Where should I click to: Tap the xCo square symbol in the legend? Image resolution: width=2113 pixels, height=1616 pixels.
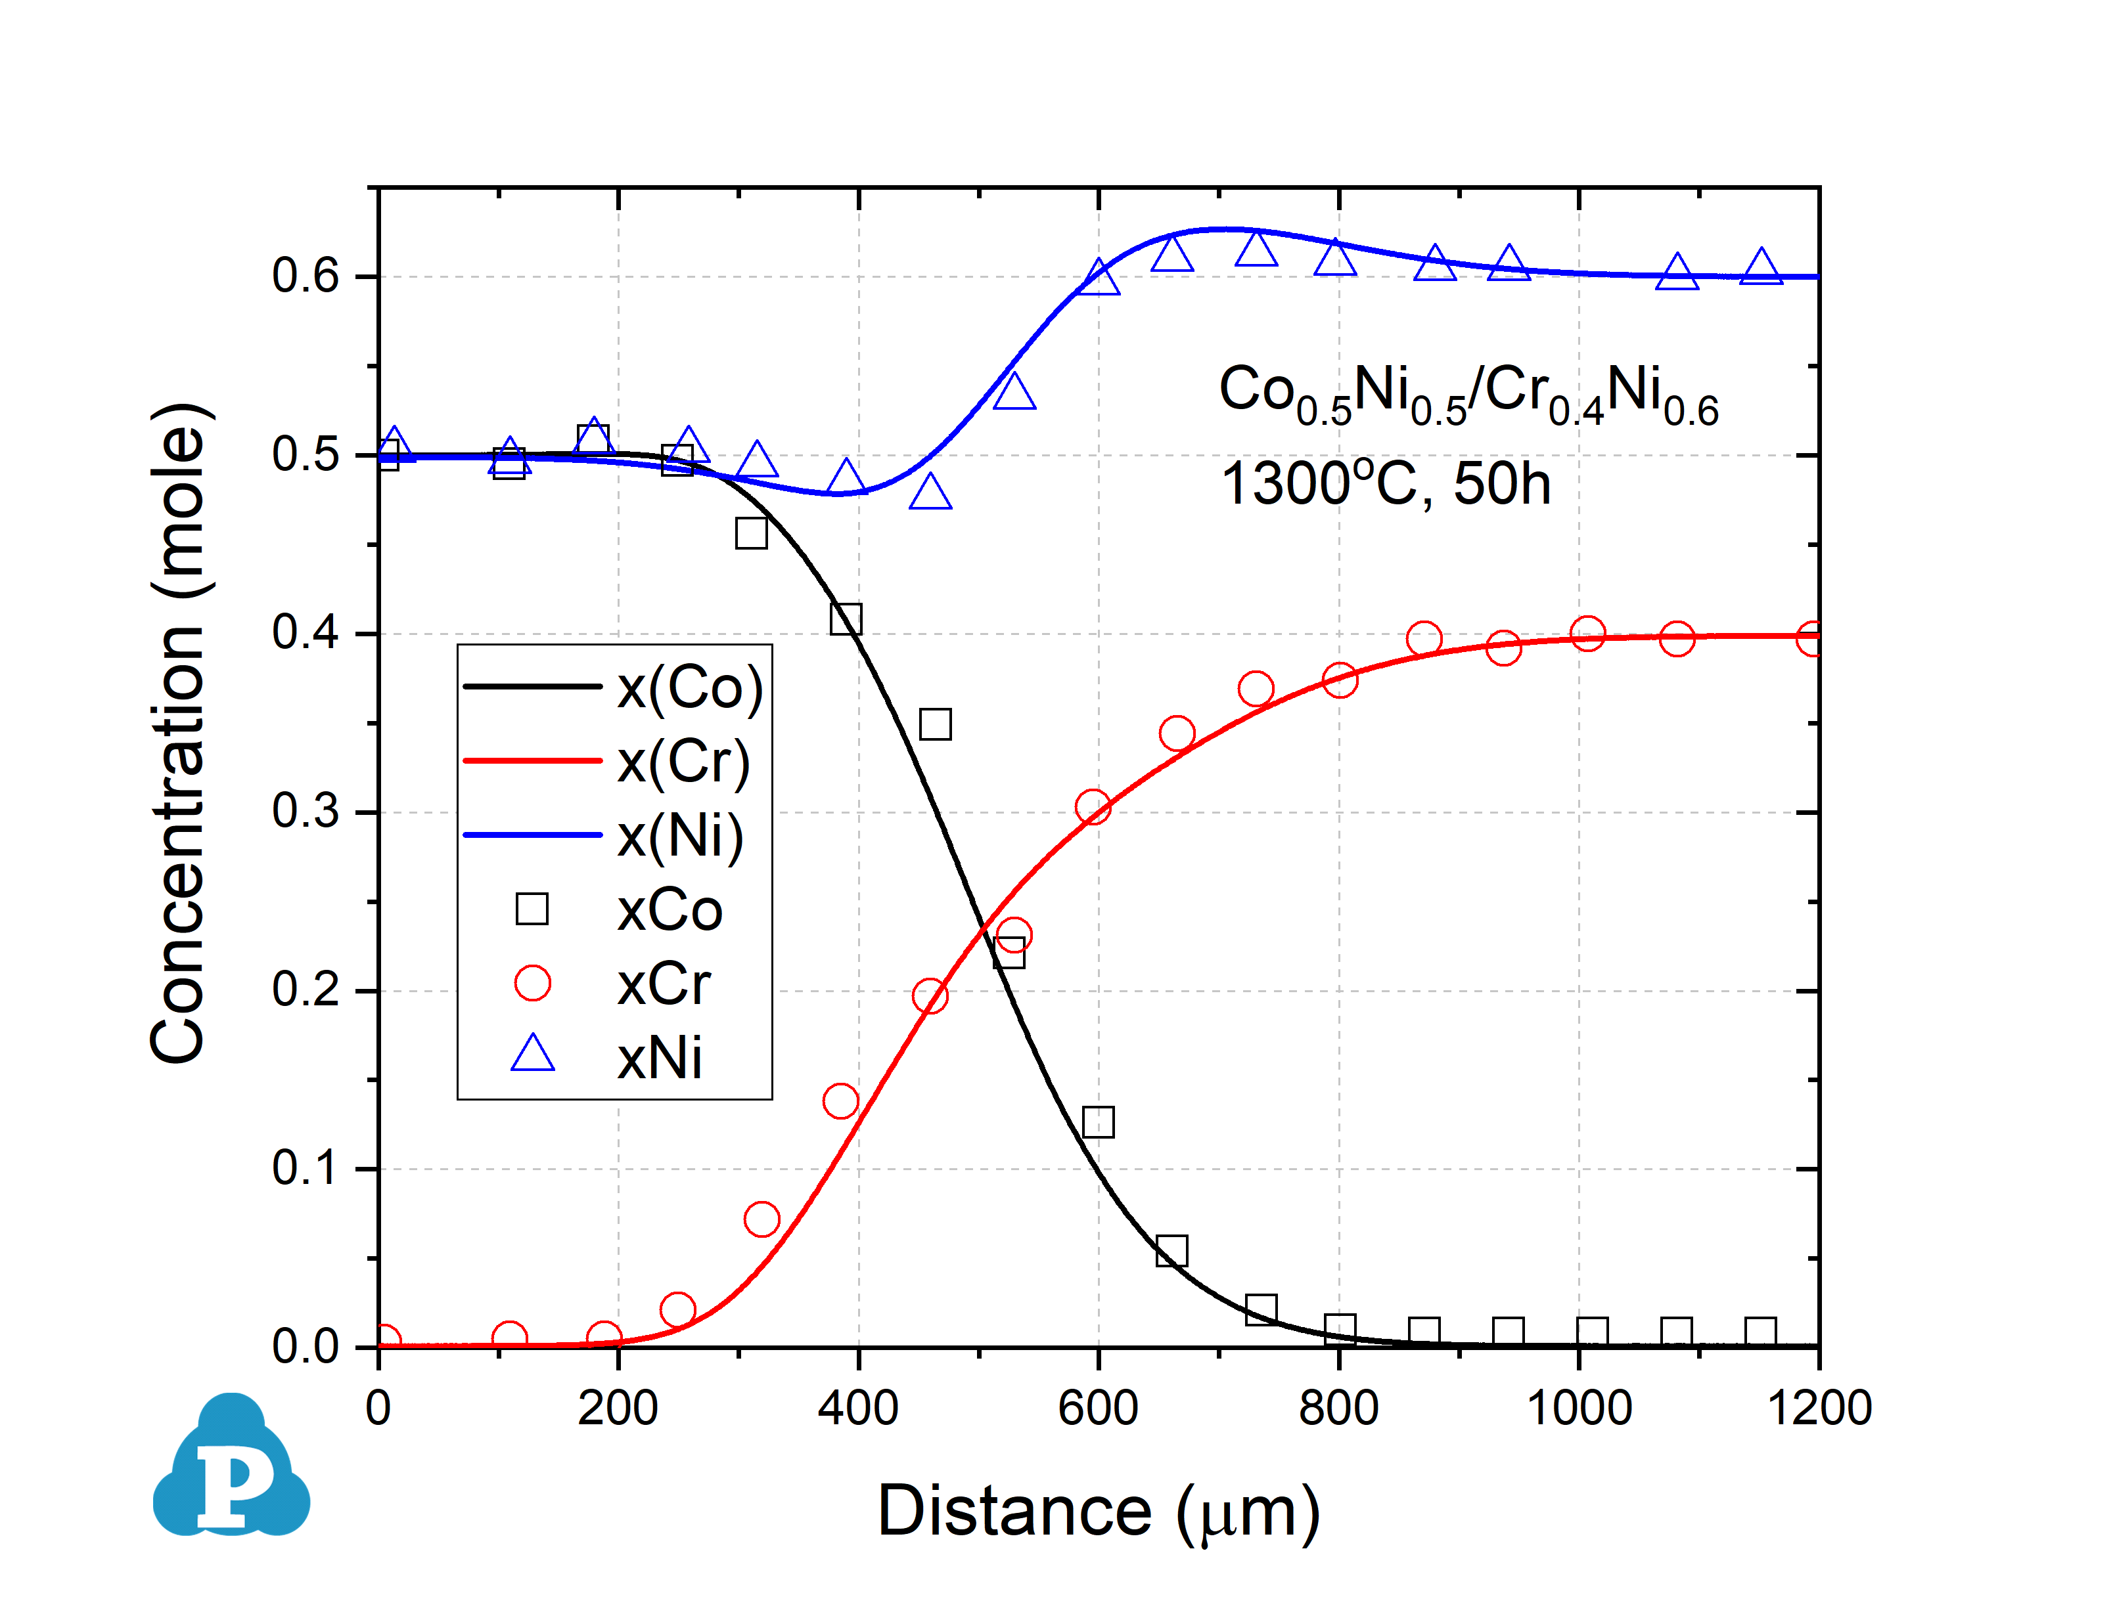point(532,909)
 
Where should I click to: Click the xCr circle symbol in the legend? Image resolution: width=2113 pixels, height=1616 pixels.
point(532,983)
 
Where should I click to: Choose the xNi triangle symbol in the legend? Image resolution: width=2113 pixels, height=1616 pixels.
point(532,1055)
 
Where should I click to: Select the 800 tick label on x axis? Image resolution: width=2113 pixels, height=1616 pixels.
point(1338,1409)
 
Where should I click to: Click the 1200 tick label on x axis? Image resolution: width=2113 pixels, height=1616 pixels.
point(1819,1409)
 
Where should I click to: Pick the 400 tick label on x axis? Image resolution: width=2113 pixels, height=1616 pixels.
point(858,1409)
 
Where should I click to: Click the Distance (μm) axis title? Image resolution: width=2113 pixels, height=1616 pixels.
point(1098,1512)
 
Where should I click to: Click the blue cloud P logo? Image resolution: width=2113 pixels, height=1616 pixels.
point(231,1467)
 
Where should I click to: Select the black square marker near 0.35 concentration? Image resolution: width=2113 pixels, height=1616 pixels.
point(935,724)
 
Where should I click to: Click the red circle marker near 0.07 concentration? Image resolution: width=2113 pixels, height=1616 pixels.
point(761,1219)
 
